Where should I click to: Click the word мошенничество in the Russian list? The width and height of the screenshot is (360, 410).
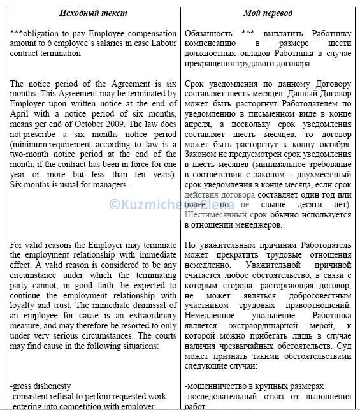coord(220,386)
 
